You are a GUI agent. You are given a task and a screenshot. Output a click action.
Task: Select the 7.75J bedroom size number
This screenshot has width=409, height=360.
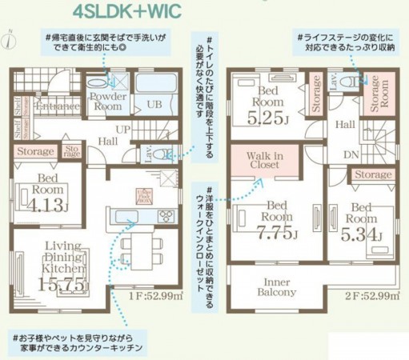275,234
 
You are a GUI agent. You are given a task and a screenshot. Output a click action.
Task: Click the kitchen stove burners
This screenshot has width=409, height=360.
167,214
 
